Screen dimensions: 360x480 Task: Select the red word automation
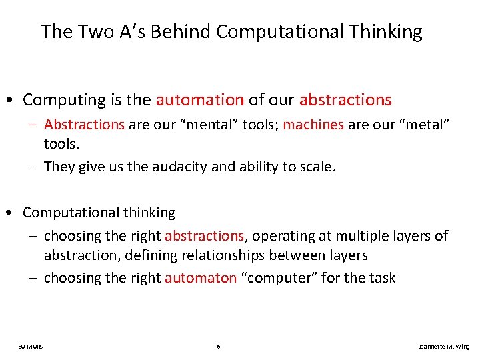[x=200, y=100]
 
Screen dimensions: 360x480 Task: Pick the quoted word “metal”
[x=423, y=124]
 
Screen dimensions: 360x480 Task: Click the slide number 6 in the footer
[x=219, y=347]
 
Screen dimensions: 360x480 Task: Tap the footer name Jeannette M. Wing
[x=443, y=347]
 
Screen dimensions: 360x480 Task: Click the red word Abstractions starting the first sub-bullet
[x=84, y=124]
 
